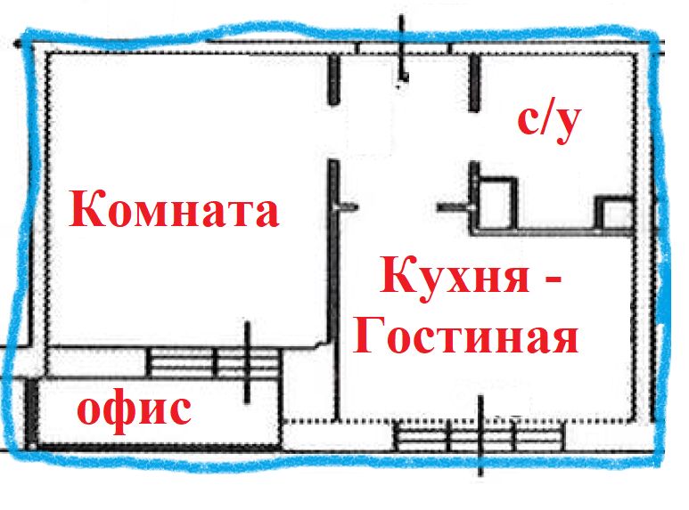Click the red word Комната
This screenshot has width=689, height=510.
(x=174, y=211)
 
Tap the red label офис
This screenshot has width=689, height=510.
(x=134, y=410)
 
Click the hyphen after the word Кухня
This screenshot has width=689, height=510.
(x=553, y=280)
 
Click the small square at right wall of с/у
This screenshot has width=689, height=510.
(x=612, y=215)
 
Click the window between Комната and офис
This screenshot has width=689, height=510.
(x=214, y=362)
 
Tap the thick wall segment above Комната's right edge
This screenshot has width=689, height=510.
(x=333, y=79)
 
